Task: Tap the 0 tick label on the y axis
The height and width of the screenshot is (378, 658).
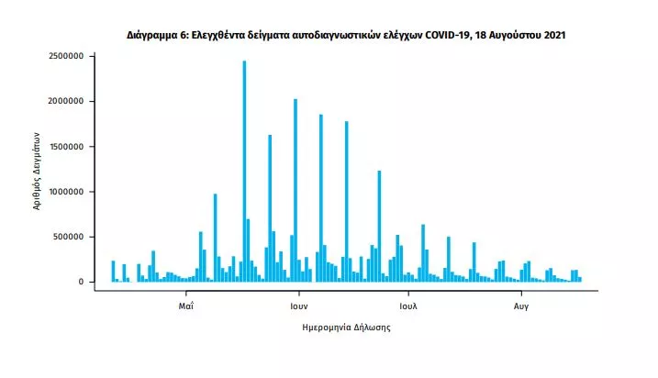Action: point(81,282)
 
